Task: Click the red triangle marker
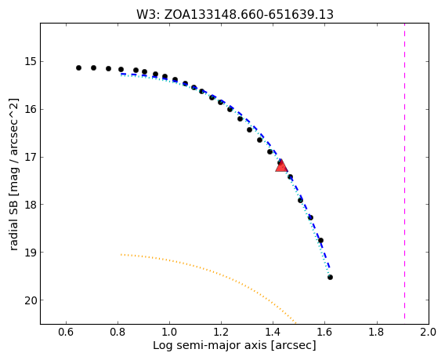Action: click(x=281, y=166)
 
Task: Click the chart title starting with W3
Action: click(x=235, y=14)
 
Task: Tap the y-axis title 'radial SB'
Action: click(x=14, y=174)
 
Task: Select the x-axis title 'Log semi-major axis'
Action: click(x=234, y=346)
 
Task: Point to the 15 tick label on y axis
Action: click(x=30, y=61)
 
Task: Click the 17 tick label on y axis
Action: click(x=30, y=157)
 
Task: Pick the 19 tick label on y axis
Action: click(x=30, y=253)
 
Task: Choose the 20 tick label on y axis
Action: click(x=30, y=300)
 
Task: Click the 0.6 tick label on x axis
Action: click(x=66, y=332)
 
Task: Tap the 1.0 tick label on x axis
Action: click(x=169, y=332)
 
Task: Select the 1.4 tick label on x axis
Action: click(x=273, y=332)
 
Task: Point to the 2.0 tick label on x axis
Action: click(x=429, y=332)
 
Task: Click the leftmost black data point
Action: click(x=78, y=68)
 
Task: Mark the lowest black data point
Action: click(x=330, y=278)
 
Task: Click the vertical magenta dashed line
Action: click(x=404, y=173)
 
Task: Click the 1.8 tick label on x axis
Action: click(x=377, y=332)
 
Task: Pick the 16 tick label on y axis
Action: click(x=30, y=109)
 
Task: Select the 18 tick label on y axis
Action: click(x=30, y=205)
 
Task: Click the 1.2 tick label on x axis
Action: click(x=221, y=332)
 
